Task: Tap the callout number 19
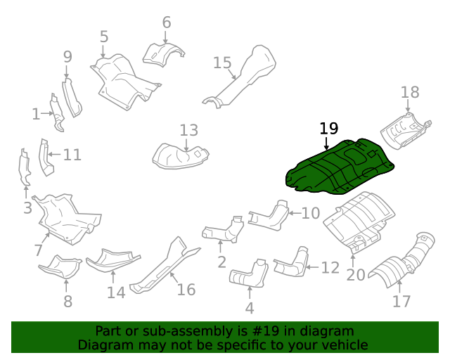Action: tap(328, 129)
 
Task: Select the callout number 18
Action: tap(410, 92)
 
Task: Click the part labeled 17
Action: tap(401, 268)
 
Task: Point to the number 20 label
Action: tap(356, 274)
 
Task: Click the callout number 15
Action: tap(222, 63)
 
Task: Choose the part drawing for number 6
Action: tap(163, 53)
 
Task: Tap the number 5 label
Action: tap(104, 37)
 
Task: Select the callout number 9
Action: tap(67, 56)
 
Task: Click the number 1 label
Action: tap(37, 113)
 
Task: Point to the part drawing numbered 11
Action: tap(46, 156)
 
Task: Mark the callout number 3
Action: tap(27, 208)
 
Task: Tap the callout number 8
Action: tap(67, 302)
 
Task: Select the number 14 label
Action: tap(116, 292)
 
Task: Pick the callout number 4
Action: tap(249, 308)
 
